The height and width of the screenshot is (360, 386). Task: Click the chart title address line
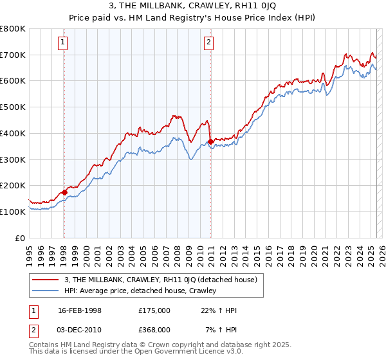pyautogui.click(x=193, y=7)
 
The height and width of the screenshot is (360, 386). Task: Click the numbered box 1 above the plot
pyautogui.click(x=63, y=43)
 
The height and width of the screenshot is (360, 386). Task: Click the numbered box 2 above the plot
pyautogui.click(x=210, y=43)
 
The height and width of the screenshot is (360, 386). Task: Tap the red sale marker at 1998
pyautogui.click(x=64, y=192)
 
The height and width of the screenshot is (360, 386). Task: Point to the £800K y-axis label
pyautogui.click(x=14, y=29)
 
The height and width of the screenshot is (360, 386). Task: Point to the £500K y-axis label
pyautogui.click(x=14, y=107)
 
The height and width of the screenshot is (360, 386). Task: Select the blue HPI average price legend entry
pyautogui.click(x=140, y=291)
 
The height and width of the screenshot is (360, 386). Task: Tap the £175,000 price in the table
pyautogui.click(x=154, y=310)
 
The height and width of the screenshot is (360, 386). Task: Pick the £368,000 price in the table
pyautogui.click(x=154, y=329)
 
